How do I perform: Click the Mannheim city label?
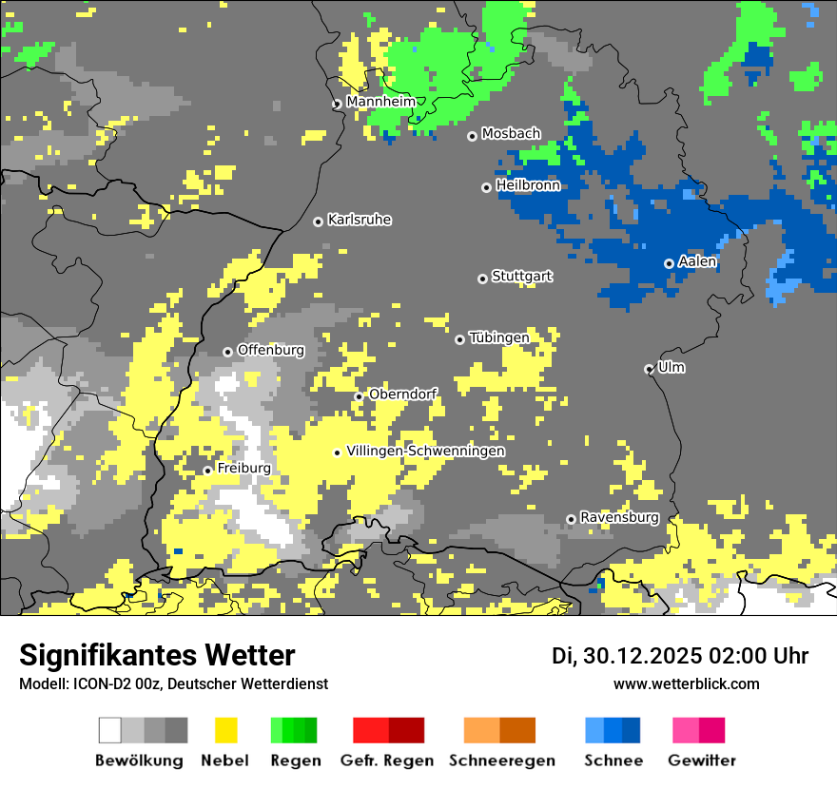380,102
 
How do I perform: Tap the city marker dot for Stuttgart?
482,279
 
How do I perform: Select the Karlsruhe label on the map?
360,220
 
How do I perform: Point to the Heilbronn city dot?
486,187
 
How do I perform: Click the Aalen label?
697,261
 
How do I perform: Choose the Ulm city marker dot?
650,369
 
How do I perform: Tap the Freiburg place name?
243,469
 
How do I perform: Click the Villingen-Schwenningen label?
425,451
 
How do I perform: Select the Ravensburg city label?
619,518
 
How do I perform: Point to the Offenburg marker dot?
227,352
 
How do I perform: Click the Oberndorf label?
402,394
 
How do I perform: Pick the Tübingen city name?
498,337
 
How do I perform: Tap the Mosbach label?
511,134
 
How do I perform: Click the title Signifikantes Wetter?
157,655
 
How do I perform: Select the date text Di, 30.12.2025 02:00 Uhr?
680,656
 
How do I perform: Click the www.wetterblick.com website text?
686,683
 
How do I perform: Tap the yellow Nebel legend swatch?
226,730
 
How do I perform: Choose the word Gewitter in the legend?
701,760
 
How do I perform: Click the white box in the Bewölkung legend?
110,730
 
